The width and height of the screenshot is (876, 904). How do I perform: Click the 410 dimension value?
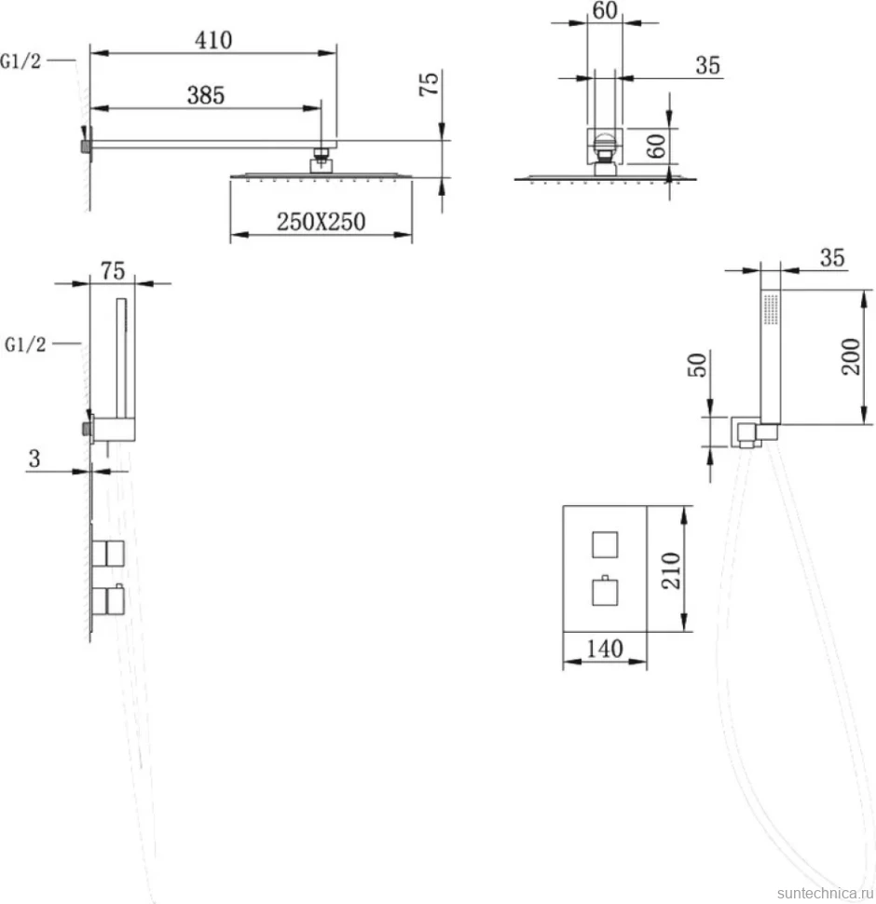coord(213,40)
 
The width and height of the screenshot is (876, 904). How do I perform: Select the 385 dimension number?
coord(206,95)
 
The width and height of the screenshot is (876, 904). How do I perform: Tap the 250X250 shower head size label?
coord(321,222)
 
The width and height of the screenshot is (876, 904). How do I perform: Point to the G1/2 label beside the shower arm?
coord(21,61)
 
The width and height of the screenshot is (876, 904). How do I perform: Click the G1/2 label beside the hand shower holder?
coord(25,344)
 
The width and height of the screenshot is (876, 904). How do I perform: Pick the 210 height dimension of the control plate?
coord(671,570)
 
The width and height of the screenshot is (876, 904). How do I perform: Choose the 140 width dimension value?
coord(605,650)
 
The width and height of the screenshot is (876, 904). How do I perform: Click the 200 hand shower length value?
coord(851,357)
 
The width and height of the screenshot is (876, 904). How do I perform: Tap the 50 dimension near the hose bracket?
coord(697,365)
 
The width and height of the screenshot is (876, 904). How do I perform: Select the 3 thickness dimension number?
coord(34,459)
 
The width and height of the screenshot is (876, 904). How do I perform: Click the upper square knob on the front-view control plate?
coord(605,544)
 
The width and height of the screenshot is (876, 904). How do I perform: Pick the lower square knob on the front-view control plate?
coord(605,592)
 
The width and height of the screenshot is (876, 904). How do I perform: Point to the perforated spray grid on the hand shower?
coord(771,309)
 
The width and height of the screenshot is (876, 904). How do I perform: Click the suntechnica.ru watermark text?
coord(825,893)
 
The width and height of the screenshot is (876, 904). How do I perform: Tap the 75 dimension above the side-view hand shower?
coord(113,271)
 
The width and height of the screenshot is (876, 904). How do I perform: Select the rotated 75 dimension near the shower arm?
coord(430,84)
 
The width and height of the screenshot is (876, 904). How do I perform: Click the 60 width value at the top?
coord(605,10)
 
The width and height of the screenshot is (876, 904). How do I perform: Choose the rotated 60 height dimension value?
coord(656,145)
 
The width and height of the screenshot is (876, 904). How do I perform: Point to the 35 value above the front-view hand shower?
coord(832,258)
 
